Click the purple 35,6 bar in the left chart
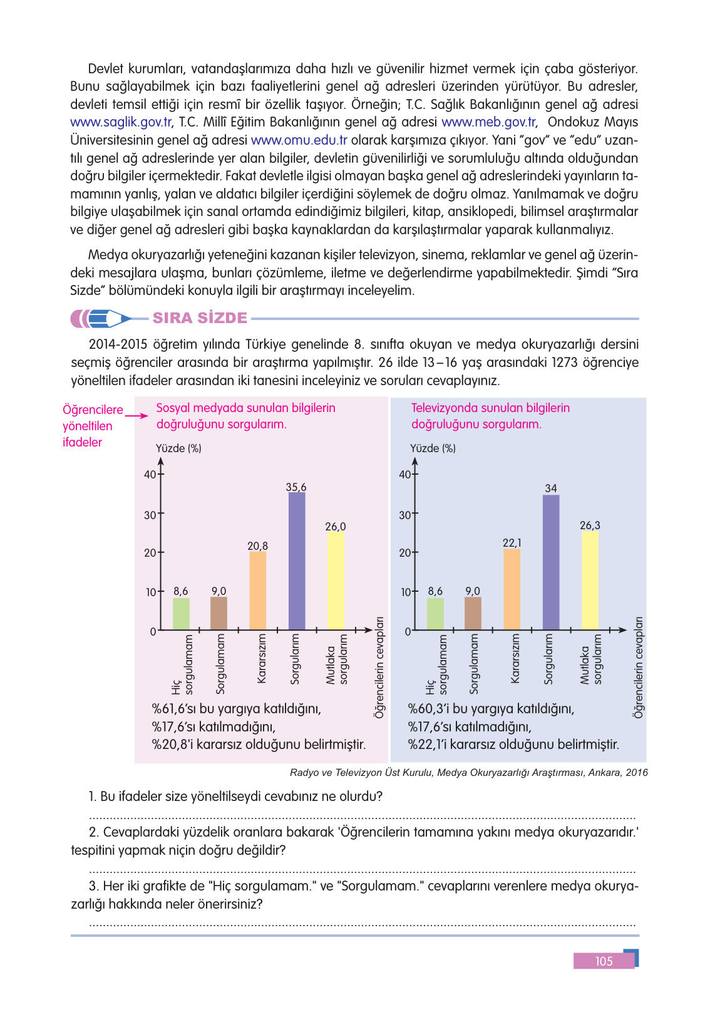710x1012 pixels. point(297,561)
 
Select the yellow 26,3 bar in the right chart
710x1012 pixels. point(590,581)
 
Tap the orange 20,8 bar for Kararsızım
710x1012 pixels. point(257,591)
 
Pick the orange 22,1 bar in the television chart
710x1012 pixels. point(512,589)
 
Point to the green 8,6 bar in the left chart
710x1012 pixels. point(181,614)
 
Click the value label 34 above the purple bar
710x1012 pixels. point(551,488)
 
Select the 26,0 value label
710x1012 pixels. point(336,527)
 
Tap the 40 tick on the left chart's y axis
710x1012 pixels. point(150,475)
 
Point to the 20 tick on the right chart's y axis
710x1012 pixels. point(405,553)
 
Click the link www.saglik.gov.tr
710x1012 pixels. point(121,122)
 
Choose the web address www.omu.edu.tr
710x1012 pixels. point(299,140)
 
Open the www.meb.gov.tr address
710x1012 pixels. point(488,122)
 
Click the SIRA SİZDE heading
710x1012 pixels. point(200,318)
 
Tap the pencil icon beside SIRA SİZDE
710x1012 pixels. point(101,319)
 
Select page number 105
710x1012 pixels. point(604,961)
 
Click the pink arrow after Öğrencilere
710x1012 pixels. point(135,414)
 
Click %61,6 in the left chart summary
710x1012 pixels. point(171,709)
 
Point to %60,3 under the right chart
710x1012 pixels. point(428,709)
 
